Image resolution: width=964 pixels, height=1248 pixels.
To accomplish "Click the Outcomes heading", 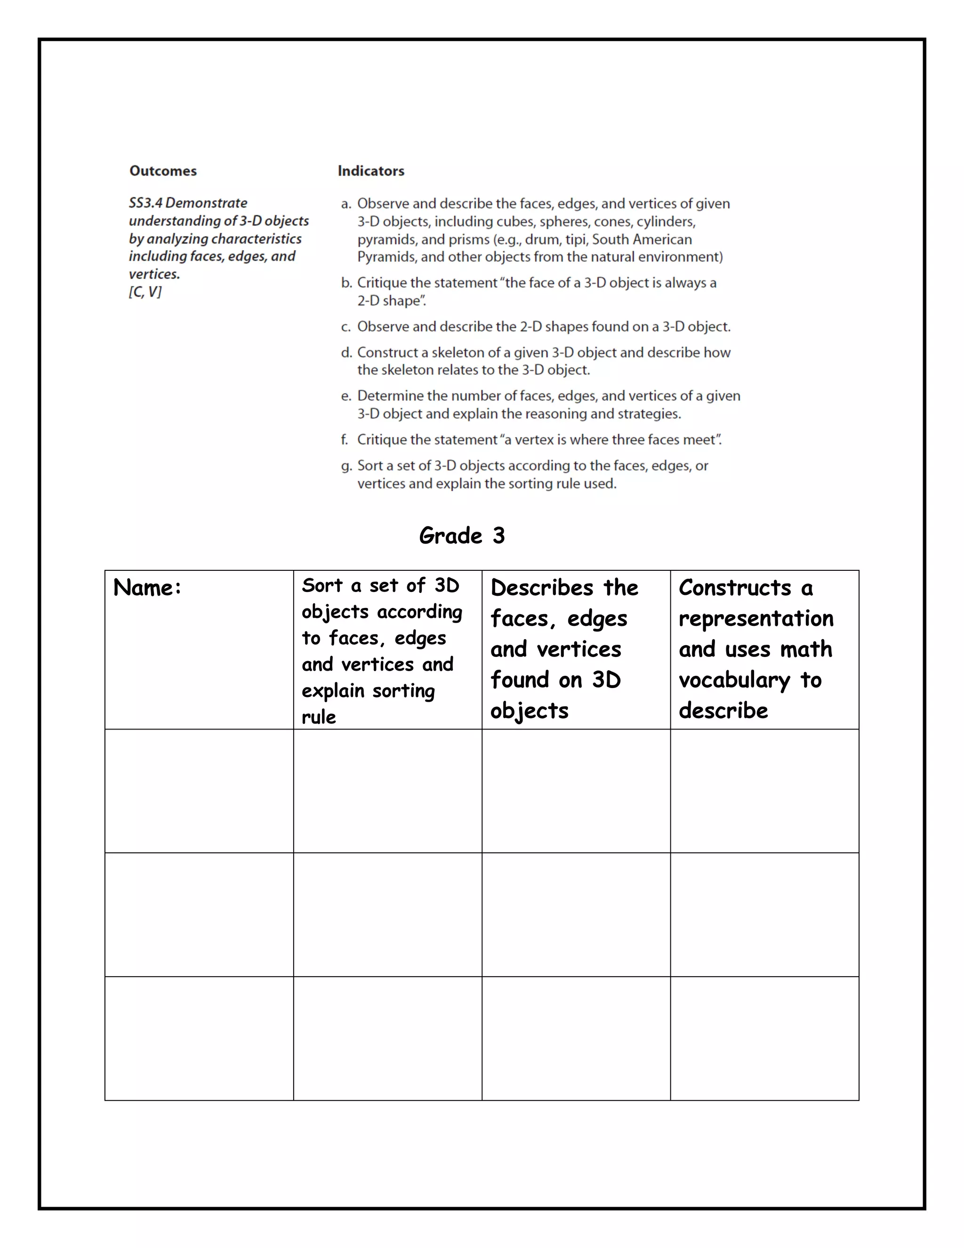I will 163,171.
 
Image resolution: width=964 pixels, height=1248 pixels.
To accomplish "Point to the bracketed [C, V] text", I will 145,292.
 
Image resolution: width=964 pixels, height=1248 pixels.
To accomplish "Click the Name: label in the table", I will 147,587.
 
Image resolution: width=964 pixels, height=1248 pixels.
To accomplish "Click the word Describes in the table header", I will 542,587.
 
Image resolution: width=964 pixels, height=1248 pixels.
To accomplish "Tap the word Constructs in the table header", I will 734,587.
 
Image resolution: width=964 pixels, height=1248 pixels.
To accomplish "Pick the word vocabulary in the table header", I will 734,680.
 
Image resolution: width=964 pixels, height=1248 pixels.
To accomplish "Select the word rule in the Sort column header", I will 319,717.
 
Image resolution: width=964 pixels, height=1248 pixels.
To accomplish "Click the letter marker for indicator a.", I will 345,204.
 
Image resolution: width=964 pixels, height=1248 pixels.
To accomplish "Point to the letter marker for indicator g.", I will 345,466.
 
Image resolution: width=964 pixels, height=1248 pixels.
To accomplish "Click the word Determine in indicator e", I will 390,396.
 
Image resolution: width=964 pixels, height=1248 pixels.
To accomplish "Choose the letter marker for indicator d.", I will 345,353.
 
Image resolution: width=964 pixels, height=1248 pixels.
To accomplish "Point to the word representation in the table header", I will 756,618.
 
